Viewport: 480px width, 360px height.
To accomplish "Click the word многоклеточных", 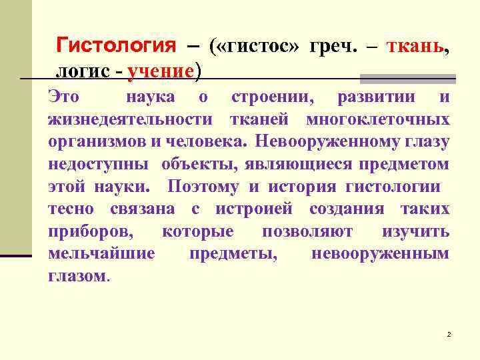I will (x=377, y=119).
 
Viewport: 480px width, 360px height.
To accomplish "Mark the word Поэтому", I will (x=198, y=187).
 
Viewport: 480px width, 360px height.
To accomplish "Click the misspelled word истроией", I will (x=254, y=209).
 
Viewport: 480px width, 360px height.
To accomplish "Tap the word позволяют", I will (x=307, y=232).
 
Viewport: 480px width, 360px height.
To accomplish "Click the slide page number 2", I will (x=449, y=333).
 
